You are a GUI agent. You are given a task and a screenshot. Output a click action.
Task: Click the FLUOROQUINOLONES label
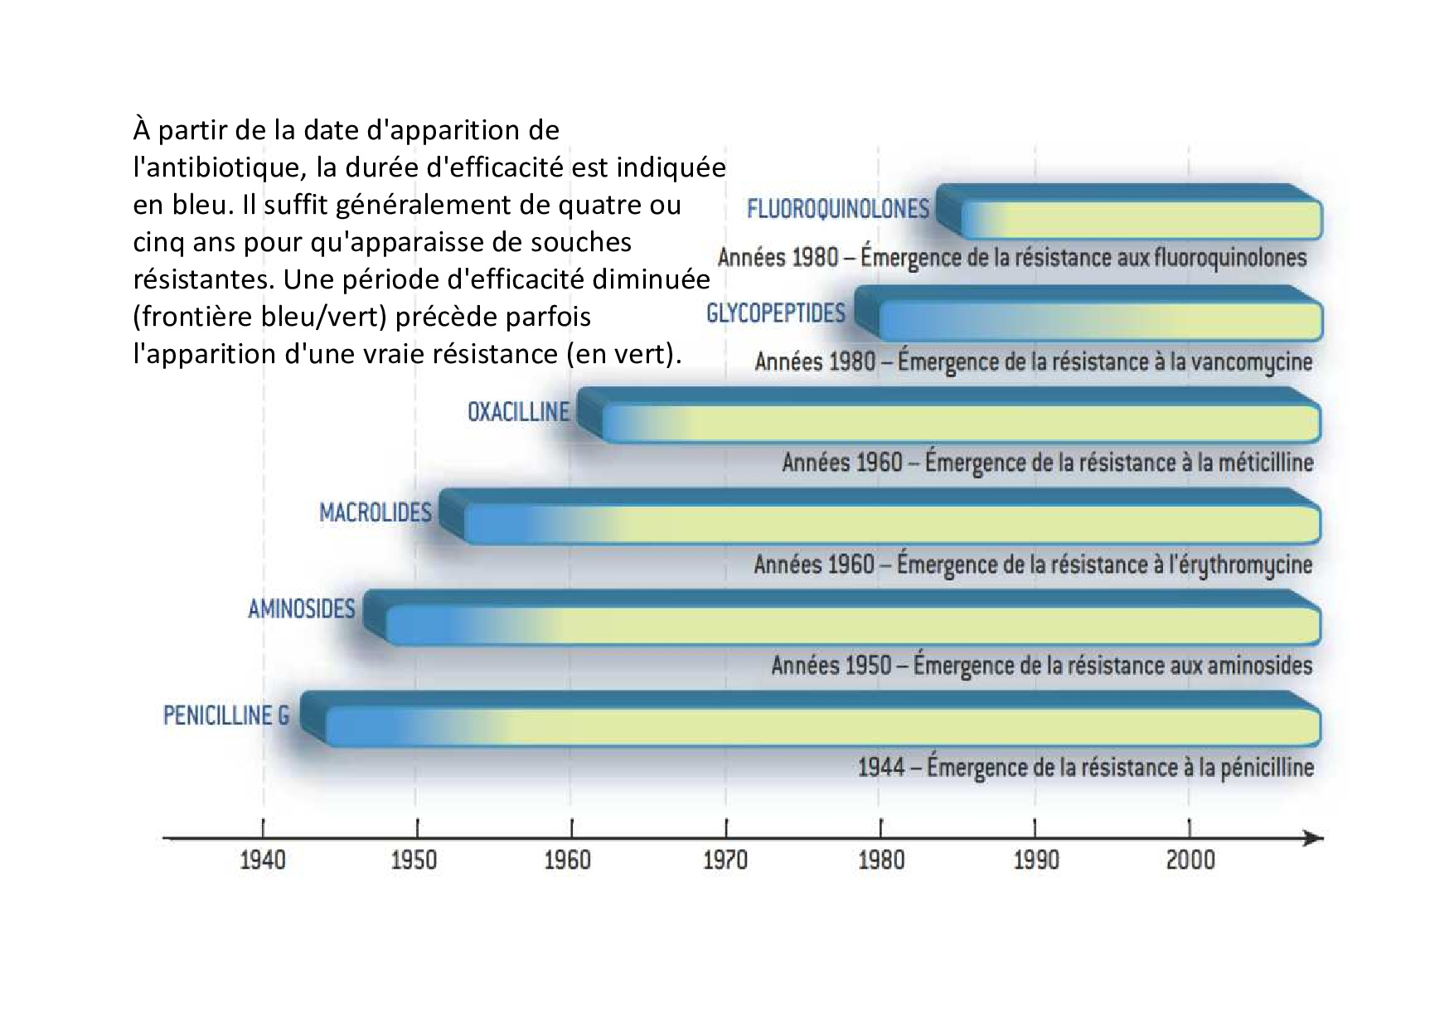(837, 208)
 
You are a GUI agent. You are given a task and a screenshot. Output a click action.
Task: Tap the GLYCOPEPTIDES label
(775, 313)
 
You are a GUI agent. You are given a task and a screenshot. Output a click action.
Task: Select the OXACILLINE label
(518, 412)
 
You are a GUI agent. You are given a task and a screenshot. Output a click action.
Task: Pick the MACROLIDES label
(376, 512)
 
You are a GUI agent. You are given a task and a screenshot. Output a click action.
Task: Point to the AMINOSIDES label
(301, 609)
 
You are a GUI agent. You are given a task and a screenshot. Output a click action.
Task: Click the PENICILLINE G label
(225, 715)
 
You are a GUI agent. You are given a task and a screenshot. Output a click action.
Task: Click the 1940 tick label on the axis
(263, 860)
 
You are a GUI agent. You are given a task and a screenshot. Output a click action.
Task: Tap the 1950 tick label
(414, 860)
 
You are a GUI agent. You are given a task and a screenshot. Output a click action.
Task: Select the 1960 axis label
(568, 860)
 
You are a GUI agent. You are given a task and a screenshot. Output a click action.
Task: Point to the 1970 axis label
(725, 860)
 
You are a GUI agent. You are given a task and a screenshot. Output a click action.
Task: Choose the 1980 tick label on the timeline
(881, 860)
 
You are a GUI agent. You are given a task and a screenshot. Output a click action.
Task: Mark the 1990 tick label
(1036, 860)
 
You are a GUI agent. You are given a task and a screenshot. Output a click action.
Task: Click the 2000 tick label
(1190, 860)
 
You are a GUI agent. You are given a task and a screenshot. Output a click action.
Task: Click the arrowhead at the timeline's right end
(1313, 838)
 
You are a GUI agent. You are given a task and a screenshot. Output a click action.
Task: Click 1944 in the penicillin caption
(880, 768)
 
